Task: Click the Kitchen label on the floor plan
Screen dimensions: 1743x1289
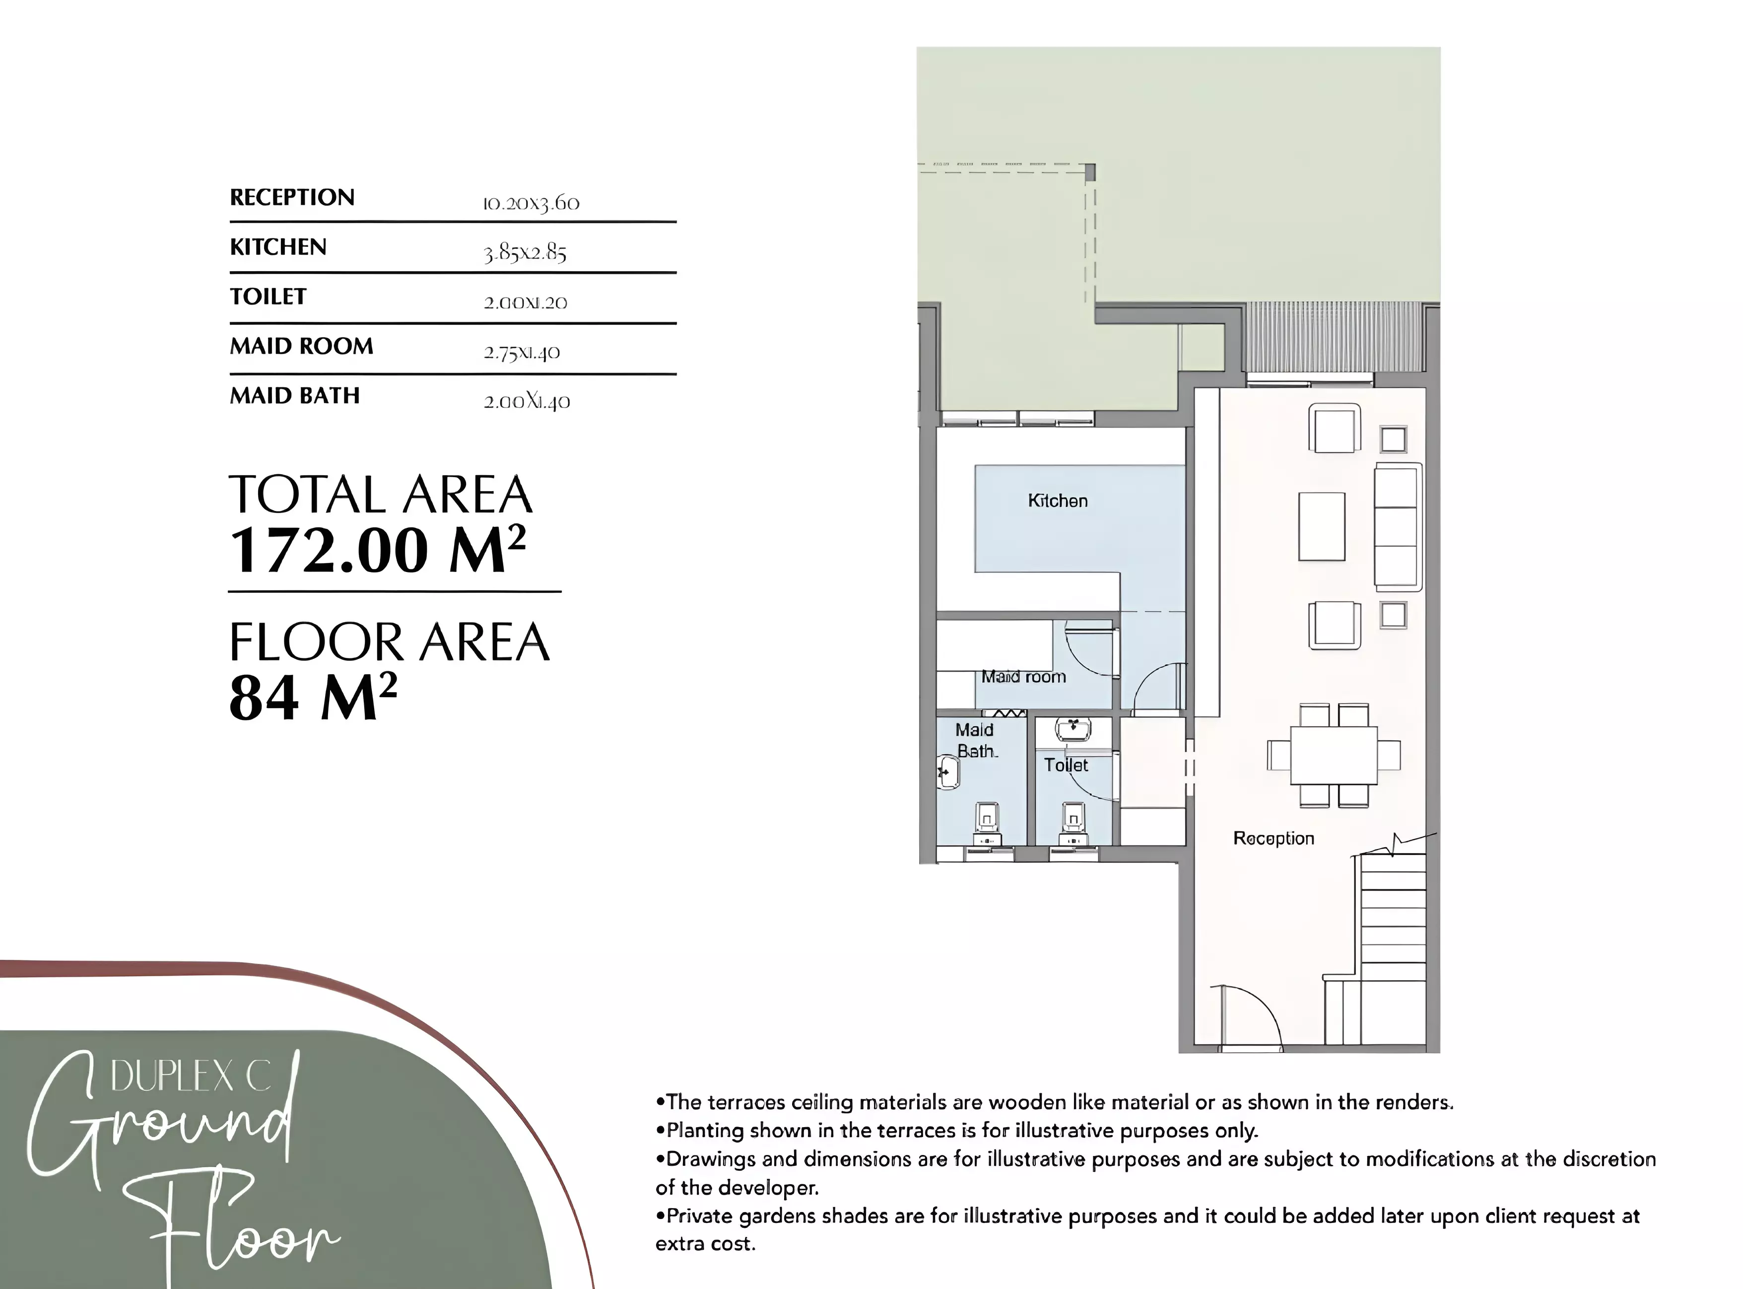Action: (x=1058, y=501)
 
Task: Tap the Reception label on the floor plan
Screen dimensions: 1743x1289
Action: (x=1274, y=839)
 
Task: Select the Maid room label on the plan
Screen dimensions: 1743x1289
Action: (x=1023, y=677)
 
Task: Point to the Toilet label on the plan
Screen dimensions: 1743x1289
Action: (x=1066, y=766)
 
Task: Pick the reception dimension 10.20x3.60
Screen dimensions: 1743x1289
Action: (x=531, y=204)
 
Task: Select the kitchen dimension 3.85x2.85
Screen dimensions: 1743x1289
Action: (x=525, y=253)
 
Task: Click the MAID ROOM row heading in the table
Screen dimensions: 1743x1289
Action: (x=301, y=347)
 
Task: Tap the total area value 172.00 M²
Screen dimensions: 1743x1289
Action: (x=378, y=550)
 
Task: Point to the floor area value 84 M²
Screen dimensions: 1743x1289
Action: (x=313, y=697)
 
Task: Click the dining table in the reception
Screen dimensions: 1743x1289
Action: (x=1334, y=755)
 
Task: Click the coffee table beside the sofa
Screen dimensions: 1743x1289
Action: (x=1321, y=527)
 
